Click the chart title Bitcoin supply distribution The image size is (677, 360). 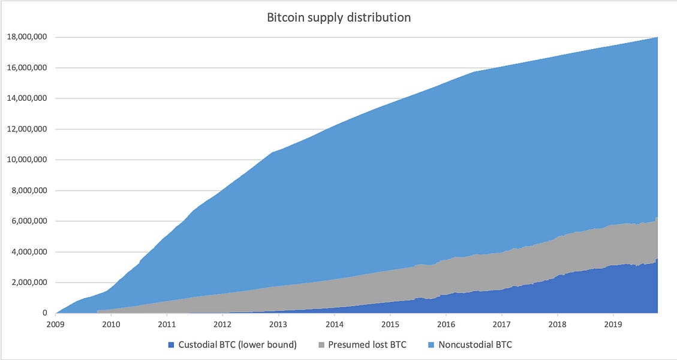[x=339, y=17]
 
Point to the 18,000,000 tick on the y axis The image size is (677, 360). [x=27, y=37]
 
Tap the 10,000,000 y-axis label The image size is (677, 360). [x=27, y=160]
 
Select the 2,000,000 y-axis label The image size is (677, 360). [x=29, y=283]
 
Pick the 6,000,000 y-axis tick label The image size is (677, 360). [x=29, y=221]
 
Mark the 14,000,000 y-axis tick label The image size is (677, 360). [x=27, y=98]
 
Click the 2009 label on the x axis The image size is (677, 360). [x=55, y=325]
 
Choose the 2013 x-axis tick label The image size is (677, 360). [x=278, y=325]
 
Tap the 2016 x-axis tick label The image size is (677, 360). [x=446, y=325]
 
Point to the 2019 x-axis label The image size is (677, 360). [x=613, y=325]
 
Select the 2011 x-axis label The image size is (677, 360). [x=167, y=325]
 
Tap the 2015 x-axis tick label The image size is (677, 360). [x=390, y=325]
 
